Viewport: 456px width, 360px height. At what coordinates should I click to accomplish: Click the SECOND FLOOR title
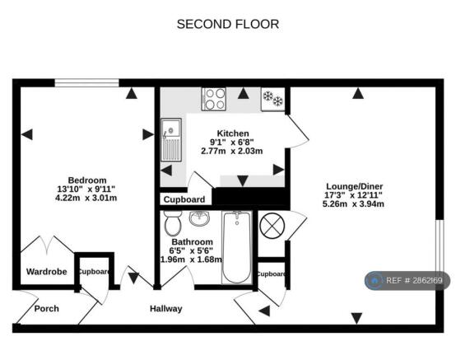click(228, 24)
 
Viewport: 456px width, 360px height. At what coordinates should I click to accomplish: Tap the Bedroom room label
click(87, 180)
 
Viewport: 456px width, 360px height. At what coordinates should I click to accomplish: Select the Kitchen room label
click(233, 133)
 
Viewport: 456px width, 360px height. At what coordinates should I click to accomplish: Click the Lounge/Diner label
click(354, 186)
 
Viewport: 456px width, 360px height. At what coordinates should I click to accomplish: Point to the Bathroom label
click(193, 242)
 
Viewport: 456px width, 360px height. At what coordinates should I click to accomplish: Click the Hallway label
click(166, 308)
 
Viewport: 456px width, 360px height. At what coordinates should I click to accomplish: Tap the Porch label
click(47, 308)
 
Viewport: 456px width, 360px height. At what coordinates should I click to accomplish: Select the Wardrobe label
click(47, 272)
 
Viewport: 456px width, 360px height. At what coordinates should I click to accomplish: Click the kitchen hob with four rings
click(214, 99)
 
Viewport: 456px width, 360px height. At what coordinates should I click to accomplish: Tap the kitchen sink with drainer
click(171, 140)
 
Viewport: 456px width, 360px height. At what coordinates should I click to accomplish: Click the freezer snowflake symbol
click(272, 99)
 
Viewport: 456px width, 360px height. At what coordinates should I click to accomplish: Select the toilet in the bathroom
click(173, 223)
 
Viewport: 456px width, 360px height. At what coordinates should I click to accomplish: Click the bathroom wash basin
click(199, 218)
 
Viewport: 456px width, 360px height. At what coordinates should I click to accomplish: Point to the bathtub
click(237, 247)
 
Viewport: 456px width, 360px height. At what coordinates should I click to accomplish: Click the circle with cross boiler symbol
click(272, 226)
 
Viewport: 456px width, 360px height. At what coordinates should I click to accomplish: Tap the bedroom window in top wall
click(86, 83)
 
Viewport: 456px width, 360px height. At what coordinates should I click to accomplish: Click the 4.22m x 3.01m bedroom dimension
click(86, 198)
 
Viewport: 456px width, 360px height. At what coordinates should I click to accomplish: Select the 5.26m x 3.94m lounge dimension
click(353, 203)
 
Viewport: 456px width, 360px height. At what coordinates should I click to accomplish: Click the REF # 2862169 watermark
click(407, 281)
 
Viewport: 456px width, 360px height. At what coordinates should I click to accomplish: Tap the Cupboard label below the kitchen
click(184, 199)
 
